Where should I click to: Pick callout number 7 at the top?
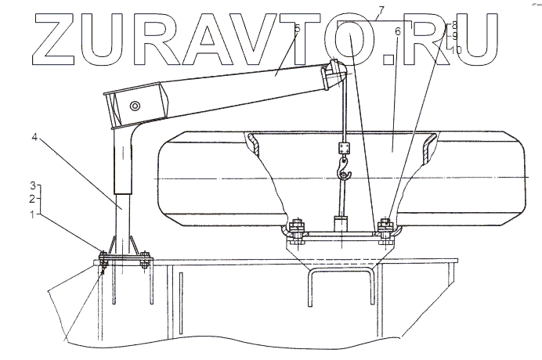click(x=380, y=9)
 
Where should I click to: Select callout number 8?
click(x=454, y=26)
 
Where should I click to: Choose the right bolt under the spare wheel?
click(x=384, y=229)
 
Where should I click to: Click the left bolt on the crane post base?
click(x=103, y=261)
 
